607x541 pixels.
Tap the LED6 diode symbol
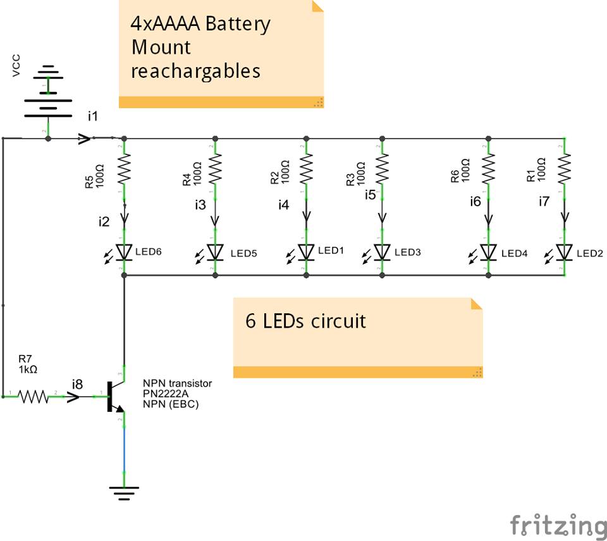pos(124,252)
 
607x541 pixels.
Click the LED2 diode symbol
pos(564,252)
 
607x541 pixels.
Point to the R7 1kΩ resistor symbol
pos(33,397)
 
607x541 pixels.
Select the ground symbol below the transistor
pos(124,491)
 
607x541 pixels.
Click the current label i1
pos(94,116)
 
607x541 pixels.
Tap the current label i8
pos(77,383)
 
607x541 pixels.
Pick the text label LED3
pos(408,252)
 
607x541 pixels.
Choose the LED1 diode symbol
pos(307,252)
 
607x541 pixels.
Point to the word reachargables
pos(195,70)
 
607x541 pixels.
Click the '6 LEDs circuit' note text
pos(305,321)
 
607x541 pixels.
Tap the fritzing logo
pos(557,525)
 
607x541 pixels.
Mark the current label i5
pos(370,194)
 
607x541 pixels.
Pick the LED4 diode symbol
pos(488,252)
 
